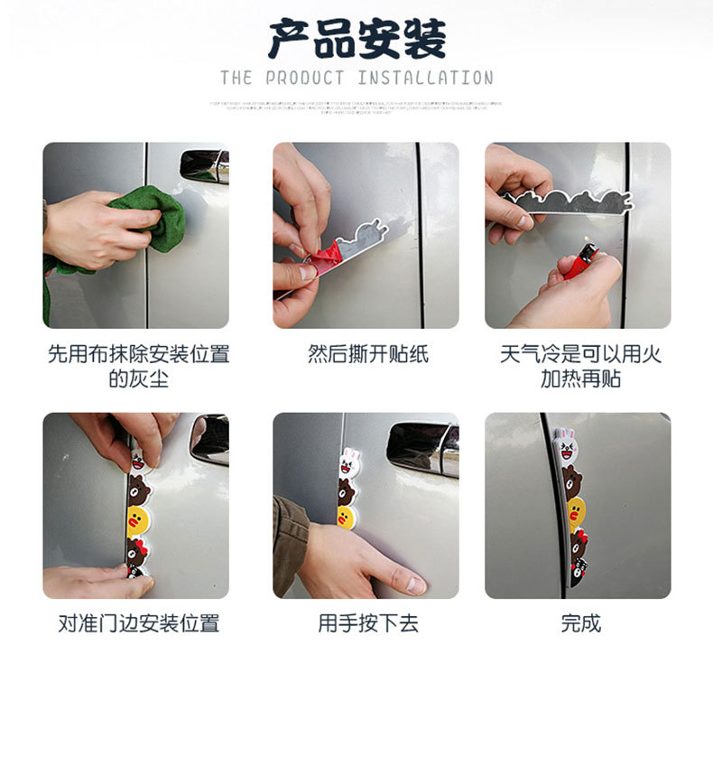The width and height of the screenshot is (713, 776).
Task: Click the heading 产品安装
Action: [x=356, y=40]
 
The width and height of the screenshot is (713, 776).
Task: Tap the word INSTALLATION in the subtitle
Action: [x=425, y=79]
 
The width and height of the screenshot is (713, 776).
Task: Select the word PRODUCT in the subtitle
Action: [x=305, y=79]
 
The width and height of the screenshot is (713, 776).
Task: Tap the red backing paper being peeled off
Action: [x=326, y=254]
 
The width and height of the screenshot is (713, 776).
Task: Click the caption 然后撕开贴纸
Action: [x=367, y=354]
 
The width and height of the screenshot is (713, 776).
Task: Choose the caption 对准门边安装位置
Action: [x=137, y=623]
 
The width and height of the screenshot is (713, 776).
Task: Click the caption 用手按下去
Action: [x=367, y=623]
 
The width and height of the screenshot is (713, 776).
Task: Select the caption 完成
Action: [x=579, y=623]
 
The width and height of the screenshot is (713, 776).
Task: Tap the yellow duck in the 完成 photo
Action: [x=575, y=512]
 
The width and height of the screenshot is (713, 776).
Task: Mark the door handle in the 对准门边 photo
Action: [x=209, y=437]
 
